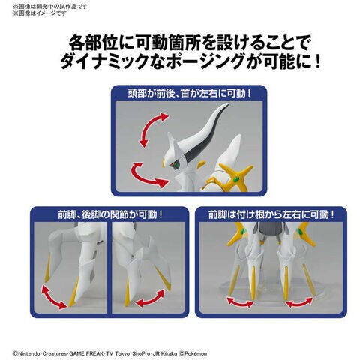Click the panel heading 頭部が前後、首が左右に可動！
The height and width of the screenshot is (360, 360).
pyautogui.click(x=189, y=94)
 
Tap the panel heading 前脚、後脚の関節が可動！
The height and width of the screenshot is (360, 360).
pyautogui.click(x=110, y=214)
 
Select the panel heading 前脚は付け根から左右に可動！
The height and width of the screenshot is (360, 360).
pyautogui.click(x=271, y=214)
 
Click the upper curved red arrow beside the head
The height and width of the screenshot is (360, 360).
pyautogui.click(x=151, y=129)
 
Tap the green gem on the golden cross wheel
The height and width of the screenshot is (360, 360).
pyautogui.click(x=235, y=179)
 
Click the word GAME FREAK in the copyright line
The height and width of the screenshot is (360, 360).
pyautogui.click(x=86, y=353)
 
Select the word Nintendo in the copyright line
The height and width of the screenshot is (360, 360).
pyautogui.click(x=26, y=353)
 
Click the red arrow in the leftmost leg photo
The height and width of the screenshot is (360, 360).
pyautogui.click(x=55, y=298)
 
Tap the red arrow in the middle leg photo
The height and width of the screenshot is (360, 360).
pyautogui.click(x=150, y=298)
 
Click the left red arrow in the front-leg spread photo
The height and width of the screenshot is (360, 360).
pyautogui.click(x=240, y=302)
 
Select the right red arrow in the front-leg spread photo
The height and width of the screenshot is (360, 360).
pyautogui.click(x=299, y=302)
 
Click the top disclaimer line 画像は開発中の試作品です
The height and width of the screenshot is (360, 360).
pyautogui.click(x=50, y=6)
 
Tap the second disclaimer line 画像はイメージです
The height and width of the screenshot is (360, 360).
pyautogui.click(x=40, y=13)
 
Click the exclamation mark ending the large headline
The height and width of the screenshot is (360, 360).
pyautogui.click(x=318, y=62)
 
